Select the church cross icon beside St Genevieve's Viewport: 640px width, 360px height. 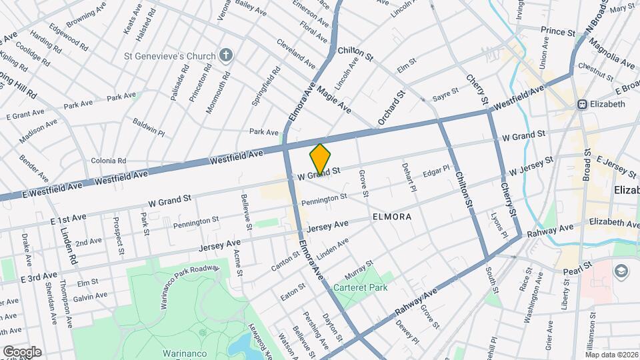(227, 55)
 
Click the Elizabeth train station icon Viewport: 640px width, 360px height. (582, 104)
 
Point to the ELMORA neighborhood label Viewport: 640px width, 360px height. (391, 217)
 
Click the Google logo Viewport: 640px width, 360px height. (21, 351)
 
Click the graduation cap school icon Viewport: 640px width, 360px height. (621, 271)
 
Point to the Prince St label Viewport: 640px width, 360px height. (557, 31)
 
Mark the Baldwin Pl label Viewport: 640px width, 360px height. (148, 127)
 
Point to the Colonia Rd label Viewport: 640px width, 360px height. (108, 161)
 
